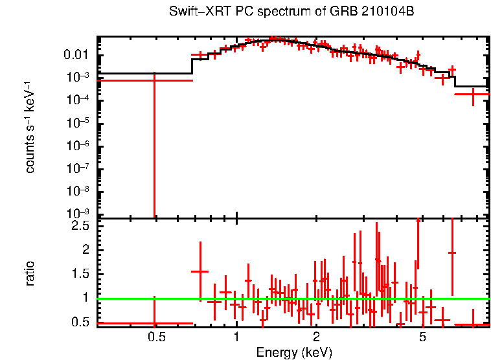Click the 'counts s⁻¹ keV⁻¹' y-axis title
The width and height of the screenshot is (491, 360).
click(30, 128)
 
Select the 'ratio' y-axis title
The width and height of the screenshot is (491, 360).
click(30, 273)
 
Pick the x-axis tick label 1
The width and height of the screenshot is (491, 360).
click(236, 337)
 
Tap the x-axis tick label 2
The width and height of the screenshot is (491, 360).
click(316, 337)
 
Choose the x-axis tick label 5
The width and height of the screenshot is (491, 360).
click(422, 337)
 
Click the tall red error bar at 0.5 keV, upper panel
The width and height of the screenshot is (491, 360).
click(154, 149)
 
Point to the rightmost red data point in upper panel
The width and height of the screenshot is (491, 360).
click(474, 95)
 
